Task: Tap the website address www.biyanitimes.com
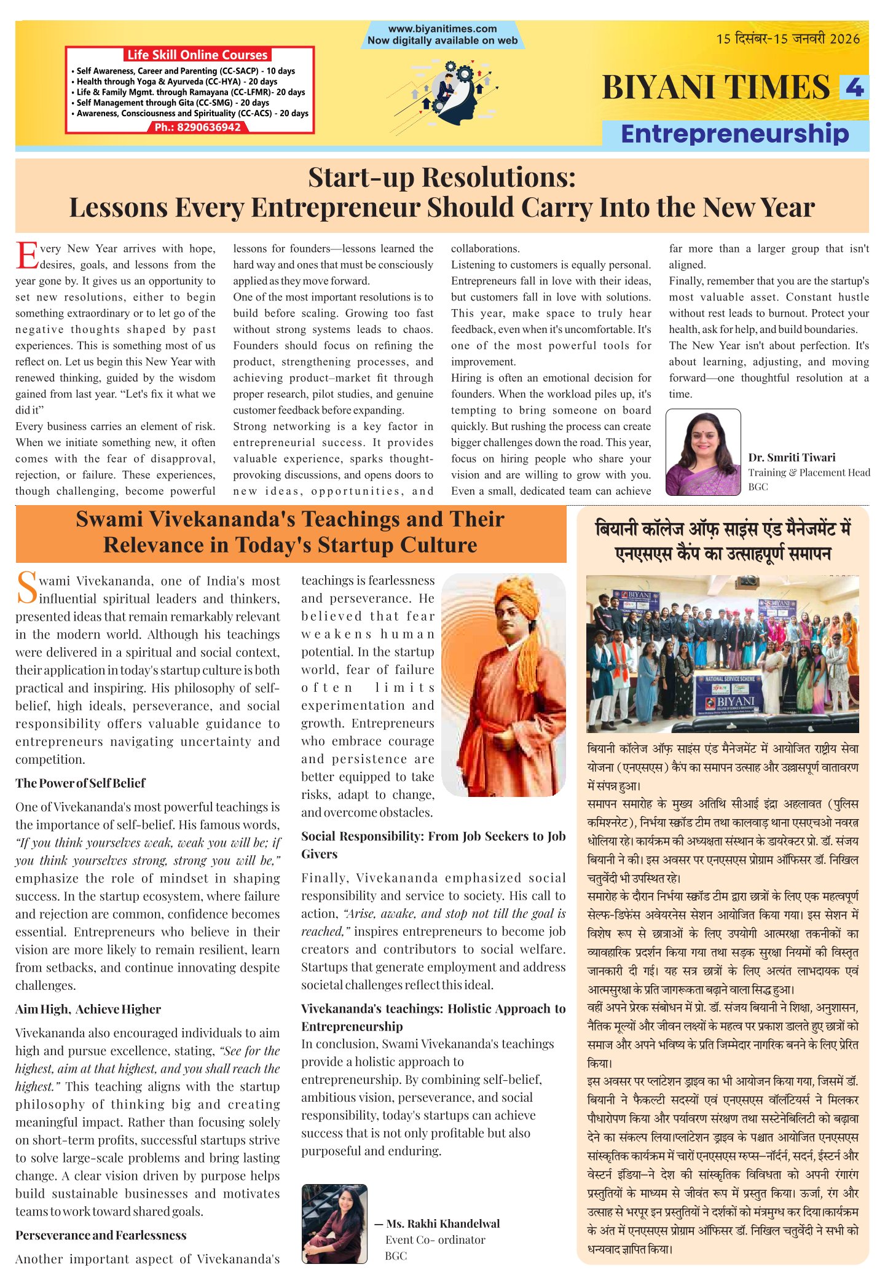click(x=442, y=29)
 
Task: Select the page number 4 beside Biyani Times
click(x=854, y=87)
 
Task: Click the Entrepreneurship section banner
click(x=735, y=134)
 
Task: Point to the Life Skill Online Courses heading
click(x=197, y=55)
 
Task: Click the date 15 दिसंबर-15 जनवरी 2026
click(x=787, y=39)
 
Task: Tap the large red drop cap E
click(x=26, y=256)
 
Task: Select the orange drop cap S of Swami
click(x=26, y=588)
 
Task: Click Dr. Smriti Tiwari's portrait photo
click(x=703, y=452)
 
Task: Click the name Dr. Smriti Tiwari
click(x=792, y=457)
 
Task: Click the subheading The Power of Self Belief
click(x=81, y=783)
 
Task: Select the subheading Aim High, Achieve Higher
click(x=88, y=1009)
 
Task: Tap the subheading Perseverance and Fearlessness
click(x=101, y=1235)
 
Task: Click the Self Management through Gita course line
click(x=173, y=103)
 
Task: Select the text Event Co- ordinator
click(x=435, y=1239)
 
